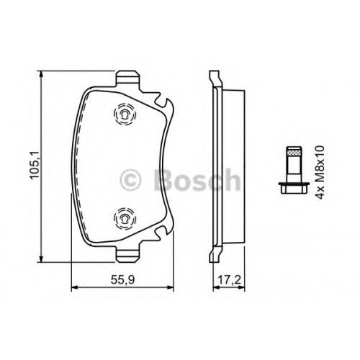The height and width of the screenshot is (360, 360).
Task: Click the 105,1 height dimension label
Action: [35, 166]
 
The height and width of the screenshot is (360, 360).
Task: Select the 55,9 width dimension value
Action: [122, 280]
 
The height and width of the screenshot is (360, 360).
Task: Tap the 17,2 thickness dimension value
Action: [229, 280]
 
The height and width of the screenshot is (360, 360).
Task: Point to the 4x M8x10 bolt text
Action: [320, 172]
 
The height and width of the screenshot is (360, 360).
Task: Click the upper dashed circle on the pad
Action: [125, 114]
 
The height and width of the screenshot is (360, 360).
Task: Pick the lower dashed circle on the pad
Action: [125, 218]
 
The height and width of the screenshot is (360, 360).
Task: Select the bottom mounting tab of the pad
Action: [127, 255]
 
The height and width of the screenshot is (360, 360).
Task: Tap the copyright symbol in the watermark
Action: [130, 180]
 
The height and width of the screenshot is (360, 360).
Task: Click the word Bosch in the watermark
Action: [197, 179]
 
